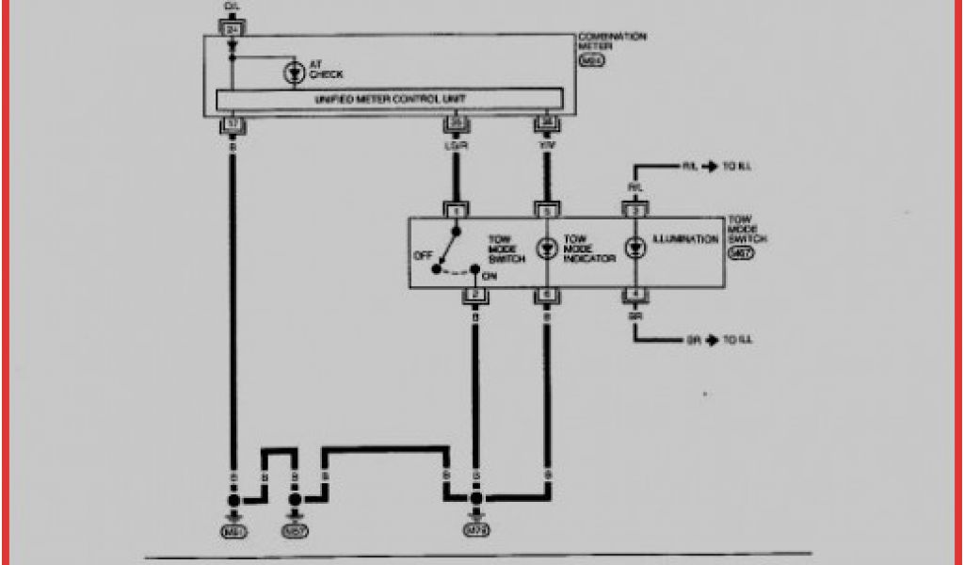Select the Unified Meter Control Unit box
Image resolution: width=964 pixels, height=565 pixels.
point(390,99)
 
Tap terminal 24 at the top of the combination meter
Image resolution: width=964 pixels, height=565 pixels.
point(232,29)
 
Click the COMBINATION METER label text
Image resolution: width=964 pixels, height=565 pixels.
point(612,41)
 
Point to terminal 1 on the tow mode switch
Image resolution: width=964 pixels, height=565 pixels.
point(456,211)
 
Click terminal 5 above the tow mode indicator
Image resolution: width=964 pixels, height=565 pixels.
point(546,211)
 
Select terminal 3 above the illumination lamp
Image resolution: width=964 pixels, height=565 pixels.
point(635,211)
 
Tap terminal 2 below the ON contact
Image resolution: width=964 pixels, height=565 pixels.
point(475,296)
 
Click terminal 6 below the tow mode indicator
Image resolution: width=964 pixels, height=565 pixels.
point(546,296)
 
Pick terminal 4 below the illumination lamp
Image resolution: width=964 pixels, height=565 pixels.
point(635,296)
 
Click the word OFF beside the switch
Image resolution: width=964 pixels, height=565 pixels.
point(423,255)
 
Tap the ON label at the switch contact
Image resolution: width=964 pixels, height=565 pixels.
point(490,278)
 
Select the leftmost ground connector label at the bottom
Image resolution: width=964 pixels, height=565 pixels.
point(233,532)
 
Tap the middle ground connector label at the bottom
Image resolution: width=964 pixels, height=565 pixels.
point(295,532)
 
